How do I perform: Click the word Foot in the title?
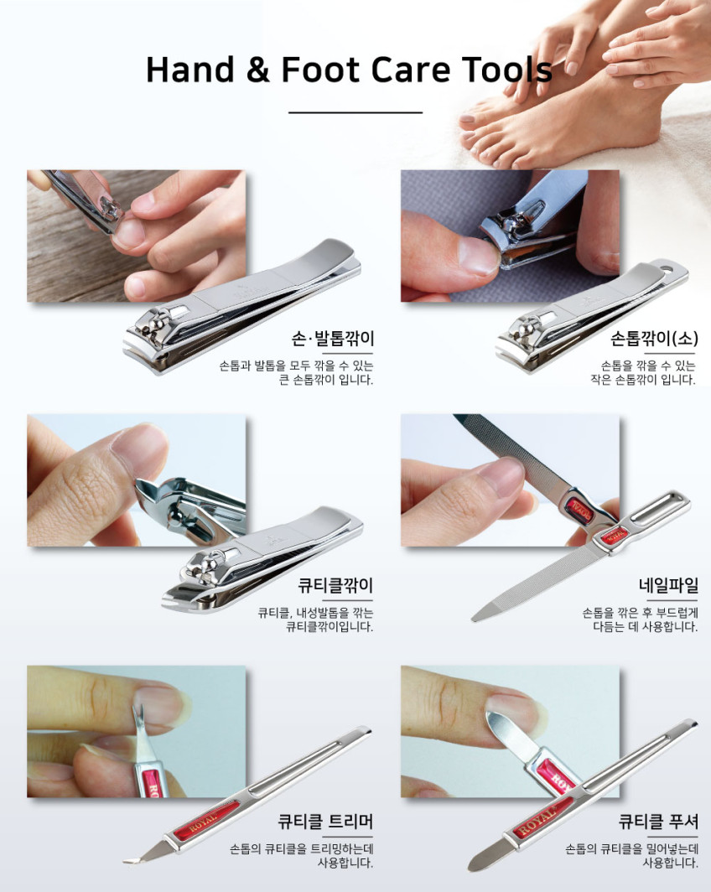[320, 70]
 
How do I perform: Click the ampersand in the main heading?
[257, 70]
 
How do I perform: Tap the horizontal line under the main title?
[355, 112]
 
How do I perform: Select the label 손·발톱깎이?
[333, 339]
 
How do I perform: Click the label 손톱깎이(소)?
[654, 339]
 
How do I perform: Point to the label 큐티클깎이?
[335, 585]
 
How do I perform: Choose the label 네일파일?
[668, 585]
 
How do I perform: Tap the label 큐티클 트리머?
[325, 822]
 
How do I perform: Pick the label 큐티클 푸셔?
[659, 822]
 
